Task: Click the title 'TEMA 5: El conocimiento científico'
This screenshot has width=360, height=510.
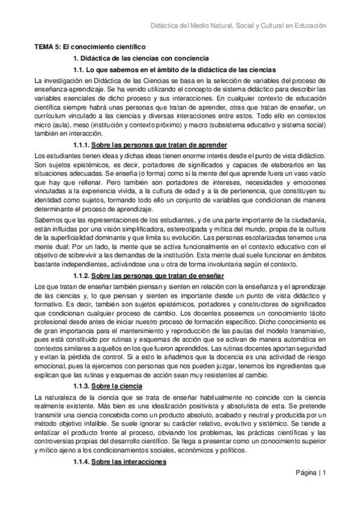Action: tap(90, 47)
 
